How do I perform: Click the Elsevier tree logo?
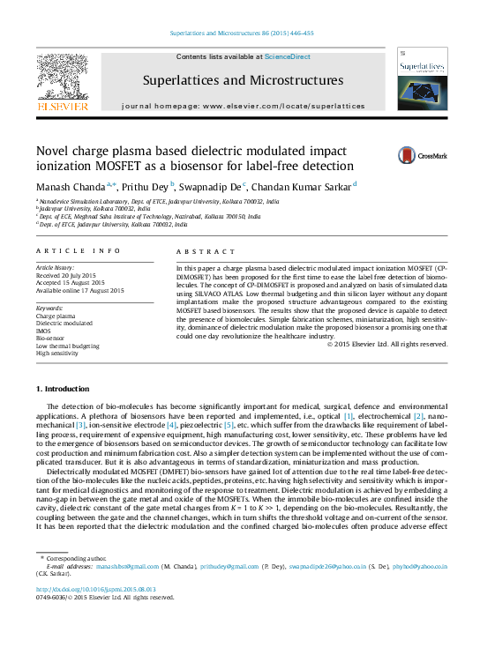63,80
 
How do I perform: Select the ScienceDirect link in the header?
288,56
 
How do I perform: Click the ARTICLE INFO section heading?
66,251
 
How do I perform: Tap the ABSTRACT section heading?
200,251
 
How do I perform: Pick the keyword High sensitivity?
57,353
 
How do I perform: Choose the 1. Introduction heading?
62,389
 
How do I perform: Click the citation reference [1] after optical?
349,415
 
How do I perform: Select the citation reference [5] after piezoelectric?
229,425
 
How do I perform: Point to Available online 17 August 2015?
79,290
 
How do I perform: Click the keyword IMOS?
44,330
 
